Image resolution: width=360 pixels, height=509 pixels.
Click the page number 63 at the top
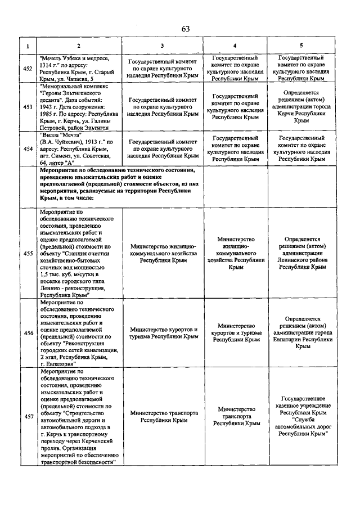(x=186, y=29)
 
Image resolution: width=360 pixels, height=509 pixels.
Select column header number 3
(x=162, y=46)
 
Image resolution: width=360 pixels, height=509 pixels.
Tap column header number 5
(x=302, y=46)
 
